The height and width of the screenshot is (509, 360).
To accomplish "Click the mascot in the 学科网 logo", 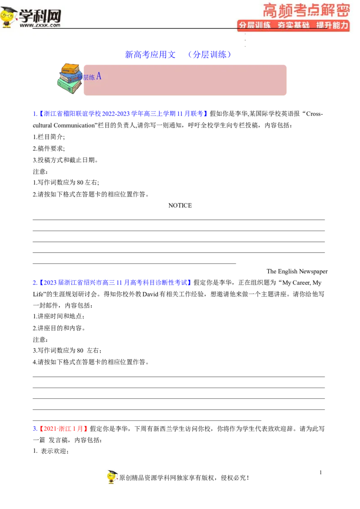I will click(x=9, y=17).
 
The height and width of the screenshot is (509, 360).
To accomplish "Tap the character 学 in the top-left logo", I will click(x=27, y=16).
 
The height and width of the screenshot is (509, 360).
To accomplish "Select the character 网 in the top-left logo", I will click(x=53, y=16).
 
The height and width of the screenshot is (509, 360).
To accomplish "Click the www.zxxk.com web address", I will click(x=40, y=26).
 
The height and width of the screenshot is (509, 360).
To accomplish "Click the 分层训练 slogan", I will click(x=254, y=25).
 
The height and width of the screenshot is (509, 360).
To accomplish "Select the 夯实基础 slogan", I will click(x=293, y=25).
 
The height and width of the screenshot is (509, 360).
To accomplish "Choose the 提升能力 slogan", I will click(x=332, y=25).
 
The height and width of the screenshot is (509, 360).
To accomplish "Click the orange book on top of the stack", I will click(x=70, y=68).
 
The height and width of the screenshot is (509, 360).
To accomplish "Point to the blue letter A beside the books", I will click(x=99, y=76).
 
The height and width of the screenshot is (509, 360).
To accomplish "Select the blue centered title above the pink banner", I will click(x=177, y=55).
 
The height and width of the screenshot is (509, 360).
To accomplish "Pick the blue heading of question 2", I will click(x=112, y=282).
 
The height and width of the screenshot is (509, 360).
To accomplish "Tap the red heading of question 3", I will click(x=63, y=429).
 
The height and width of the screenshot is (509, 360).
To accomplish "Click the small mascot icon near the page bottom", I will click(x=113, y=476).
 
